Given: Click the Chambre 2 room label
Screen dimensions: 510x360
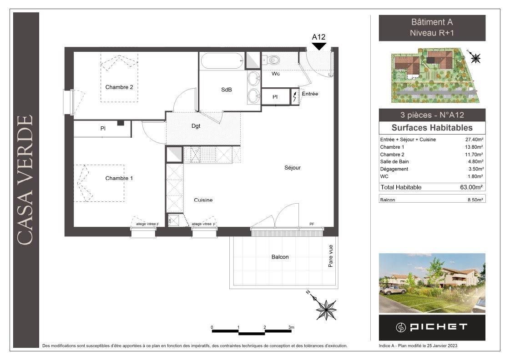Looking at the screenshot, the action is coord(119,87).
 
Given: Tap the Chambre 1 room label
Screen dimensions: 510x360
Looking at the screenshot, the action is coord(119,178).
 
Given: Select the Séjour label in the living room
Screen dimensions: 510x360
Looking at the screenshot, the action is coord(293,168).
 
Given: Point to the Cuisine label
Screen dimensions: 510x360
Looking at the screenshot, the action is coord(203,200).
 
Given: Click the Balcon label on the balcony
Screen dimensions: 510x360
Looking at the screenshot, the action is coord(280,257).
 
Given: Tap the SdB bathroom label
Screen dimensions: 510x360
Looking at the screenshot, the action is coord(227,90).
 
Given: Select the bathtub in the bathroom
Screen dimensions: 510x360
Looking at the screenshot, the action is coord(222,61).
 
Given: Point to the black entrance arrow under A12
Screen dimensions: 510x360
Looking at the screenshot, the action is coord(319,46).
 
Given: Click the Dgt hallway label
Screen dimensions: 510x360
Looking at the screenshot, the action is coord(196,126).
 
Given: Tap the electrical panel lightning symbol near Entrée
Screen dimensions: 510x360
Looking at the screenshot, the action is coord(295,96).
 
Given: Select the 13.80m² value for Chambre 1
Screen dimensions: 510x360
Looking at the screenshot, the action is coord(474,147).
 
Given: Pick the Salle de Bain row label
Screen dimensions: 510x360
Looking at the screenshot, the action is coord(394,161).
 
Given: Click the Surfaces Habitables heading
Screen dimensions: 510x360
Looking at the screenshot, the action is coord(432,128).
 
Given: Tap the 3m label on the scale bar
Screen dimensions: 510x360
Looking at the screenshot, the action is coord(292,327).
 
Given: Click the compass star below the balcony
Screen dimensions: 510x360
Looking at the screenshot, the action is coord(326,309).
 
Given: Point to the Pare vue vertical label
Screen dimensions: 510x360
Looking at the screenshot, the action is coord(330,256).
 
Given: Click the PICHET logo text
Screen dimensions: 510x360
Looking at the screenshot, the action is coord(439,327).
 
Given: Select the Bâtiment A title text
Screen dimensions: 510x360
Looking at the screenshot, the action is coord(432,22).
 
